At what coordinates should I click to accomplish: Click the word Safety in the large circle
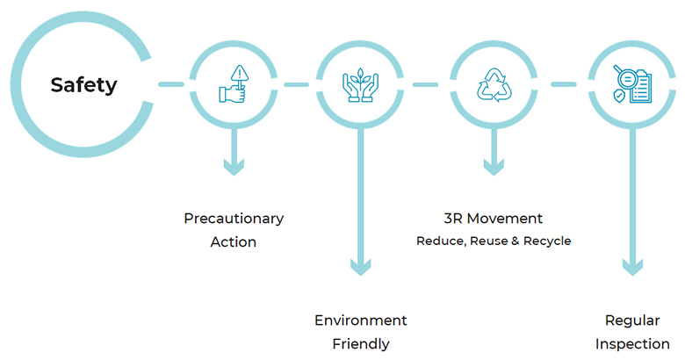coord(84,85)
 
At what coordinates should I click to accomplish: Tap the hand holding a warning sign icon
coord(234,84)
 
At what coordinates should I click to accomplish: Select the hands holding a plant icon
coord(360,85)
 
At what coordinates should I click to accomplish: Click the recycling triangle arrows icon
coord(494,85)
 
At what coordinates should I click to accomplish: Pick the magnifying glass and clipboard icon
coord(632,84)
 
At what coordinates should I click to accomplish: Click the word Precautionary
coord(234,219)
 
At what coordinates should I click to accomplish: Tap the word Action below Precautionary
coord(234,242)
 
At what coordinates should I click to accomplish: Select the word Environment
coord(360,320)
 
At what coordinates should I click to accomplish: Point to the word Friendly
coord(361,344)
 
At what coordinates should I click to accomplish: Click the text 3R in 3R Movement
coord(452,219)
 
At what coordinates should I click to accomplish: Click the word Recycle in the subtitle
coord(547,241)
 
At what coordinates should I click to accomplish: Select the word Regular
coord(632,321)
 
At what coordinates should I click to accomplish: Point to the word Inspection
coord(632,344)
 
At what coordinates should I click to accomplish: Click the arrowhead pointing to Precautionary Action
coord(234,167)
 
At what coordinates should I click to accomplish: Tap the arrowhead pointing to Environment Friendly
coord(360,267)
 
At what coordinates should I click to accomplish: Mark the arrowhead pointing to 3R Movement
coord(494,167)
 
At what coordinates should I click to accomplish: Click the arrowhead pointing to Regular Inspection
coord(632,267)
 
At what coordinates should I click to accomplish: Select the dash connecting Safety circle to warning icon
coord(171,84)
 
